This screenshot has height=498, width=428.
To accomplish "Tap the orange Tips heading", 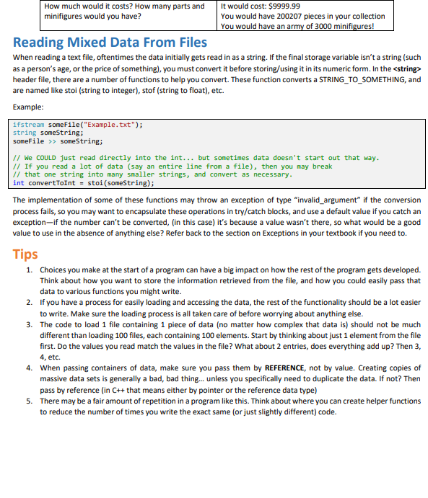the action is (x=26, y=254).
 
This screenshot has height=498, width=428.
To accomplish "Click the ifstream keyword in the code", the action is (x=28, y=125).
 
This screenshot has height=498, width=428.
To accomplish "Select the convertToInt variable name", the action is (x=51, y=183).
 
